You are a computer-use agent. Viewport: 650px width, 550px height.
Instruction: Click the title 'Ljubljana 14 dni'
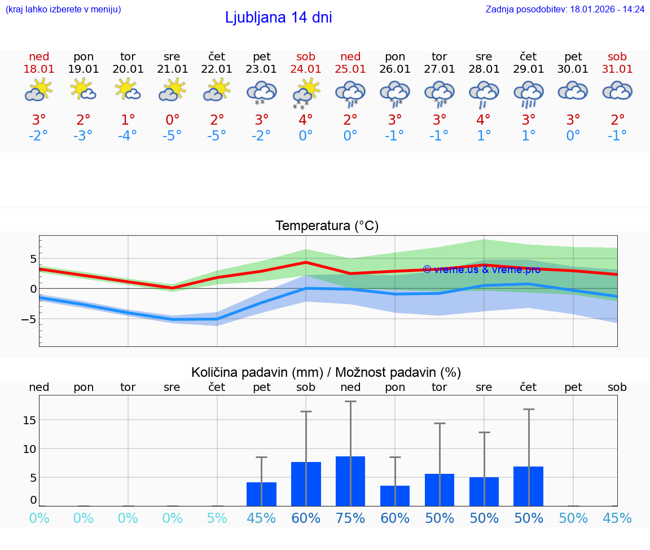click(x=278, y=17)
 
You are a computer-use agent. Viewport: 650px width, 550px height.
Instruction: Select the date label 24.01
click(x=306, y=69)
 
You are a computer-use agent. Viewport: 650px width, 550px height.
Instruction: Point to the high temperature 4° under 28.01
click(x=484, y=120)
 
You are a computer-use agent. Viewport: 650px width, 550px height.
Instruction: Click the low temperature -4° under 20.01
click(x=128, y=135)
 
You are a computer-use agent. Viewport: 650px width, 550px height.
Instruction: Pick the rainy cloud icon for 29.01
click(x=528, y=93)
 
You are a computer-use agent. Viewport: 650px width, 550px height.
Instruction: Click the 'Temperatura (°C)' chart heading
click(x=327, y=226)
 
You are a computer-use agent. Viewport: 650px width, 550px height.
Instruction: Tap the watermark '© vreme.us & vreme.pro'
click(x=481, y=270)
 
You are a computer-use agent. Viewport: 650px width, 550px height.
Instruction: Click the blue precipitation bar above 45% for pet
click(x=261, y=494)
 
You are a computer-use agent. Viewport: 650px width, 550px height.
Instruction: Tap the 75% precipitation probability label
click(x=350, y=518)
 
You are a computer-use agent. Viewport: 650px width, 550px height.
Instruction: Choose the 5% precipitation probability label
click(x=217, y=518)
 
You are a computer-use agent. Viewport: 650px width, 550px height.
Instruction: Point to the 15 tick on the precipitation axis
click(x=29, y=420)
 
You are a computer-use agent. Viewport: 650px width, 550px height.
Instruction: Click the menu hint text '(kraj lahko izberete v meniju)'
click(x=63, y=10)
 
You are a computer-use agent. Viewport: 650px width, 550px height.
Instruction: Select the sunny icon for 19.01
click(x=83, y=90)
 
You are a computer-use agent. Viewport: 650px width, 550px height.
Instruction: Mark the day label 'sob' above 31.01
click(x=617, y=57)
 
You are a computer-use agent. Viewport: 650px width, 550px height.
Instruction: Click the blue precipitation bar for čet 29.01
click(x=528, y=486)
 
